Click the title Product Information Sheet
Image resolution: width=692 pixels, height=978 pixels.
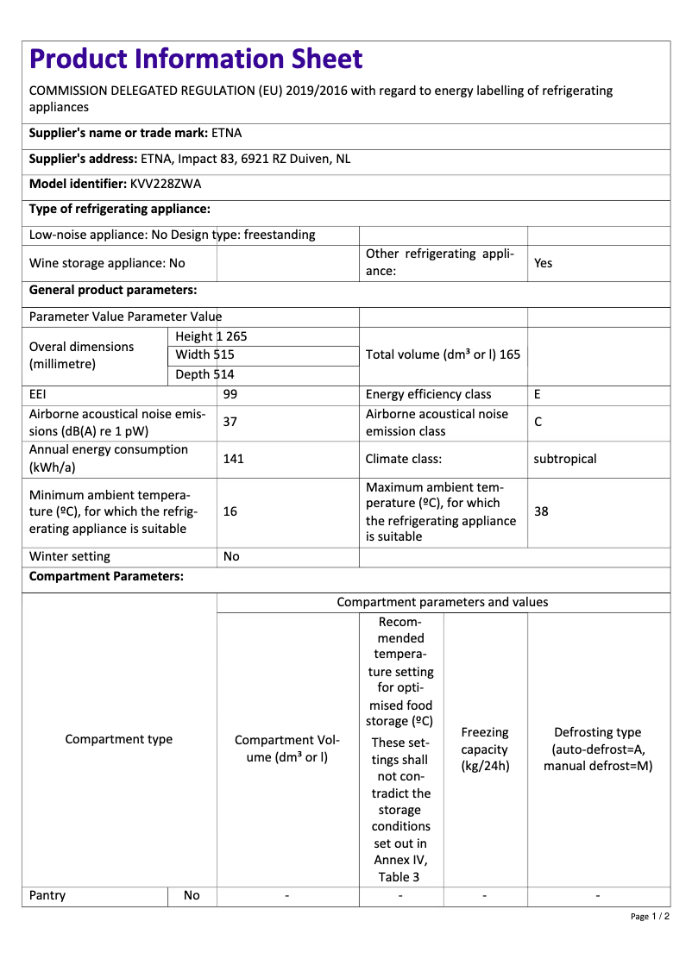(x=196, y=59)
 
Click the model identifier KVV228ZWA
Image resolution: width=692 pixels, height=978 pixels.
(x=166, y=184)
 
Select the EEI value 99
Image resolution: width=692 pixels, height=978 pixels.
(x=230, y=394)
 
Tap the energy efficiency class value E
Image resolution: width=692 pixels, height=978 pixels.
(x=538, y=394)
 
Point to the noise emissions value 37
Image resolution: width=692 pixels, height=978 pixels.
(x=230, y=422)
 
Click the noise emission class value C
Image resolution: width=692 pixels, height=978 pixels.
(x=538, y=422)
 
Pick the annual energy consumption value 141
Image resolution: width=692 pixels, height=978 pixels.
(x=233, y=459)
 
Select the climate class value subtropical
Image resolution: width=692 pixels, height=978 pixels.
(x=564, y=459)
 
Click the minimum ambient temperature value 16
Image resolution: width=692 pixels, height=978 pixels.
(x=230, y=511)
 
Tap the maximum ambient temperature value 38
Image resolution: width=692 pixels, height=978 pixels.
(x=541, y=511)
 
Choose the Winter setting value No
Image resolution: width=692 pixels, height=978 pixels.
(x=231, y=556)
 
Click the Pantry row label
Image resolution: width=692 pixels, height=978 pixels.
(x=47, y=895)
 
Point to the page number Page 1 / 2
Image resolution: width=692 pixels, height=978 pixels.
(x=650, y=916)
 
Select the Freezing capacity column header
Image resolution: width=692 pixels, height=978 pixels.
(x=485, y=749)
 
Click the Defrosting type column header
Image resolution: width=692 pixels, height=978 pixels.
(x=598, y=749)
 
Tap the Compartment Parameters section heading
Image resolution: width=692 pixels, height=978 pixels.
(x=106, y=576)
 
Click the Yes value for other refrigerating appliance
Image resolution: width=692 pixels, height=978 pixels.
(x=543, y=263)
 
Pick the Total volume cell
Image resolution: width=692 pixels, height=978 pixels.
(x=443, y=354)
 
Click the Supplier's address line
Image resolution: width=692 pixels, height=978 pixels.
(x=190, y=159)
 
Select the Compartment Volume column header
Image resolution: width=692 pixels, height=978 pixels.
(x=287, y=749)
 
